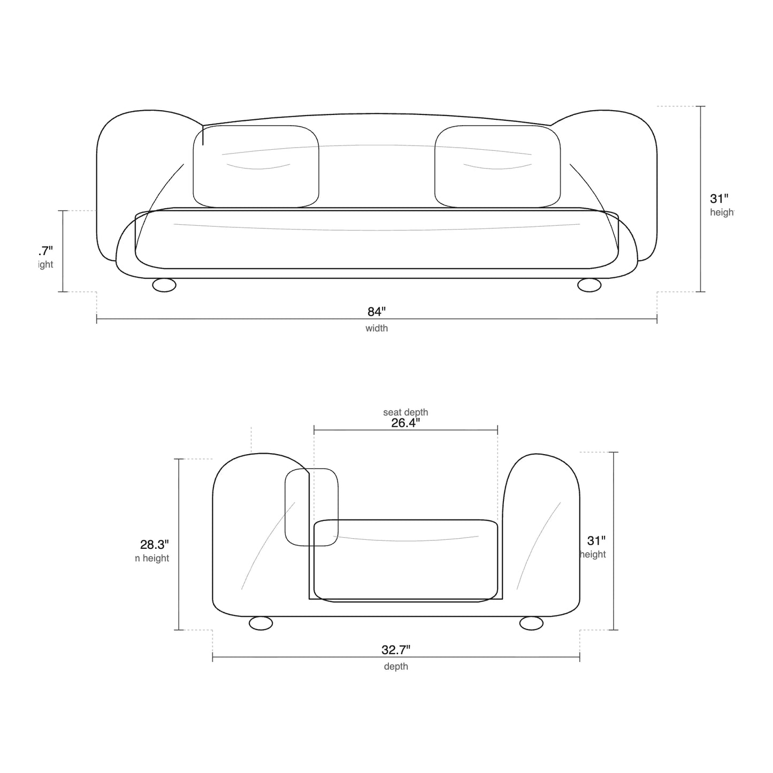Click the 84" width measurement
tap(376, 312)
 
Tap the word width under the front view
tap(377, 328)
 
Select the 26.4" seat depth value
tap(405, 423)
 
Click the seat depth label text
tap(405, 412)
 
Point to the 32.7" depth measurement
tap(396, 650)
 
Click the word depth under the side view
tap(396, 667)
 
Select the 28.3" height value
tap(155, 545)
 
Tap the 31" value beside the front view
tap(719, 199)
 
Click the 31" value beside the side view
tap(596, 541)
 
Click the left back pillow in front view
tap(256, 166)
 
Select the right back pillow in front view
tap(498, 166)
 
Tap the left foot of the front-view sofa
tap(164, 285)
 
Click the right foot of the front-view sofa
tap(590, 285)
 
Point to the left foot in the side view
tap(261, 623)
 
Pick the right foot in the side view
tap(531, 623)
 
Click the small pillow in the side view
tap(311, 507)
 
